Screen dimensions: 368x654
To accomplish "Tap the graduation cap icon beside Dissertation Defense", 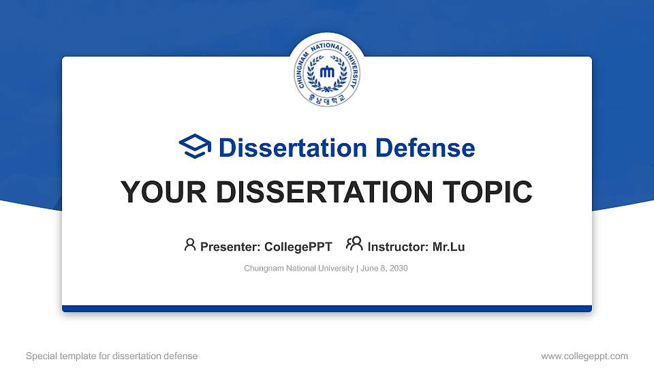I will click(195, 147).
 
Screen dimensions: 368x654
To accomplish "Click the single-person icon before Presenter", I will click(190, 245).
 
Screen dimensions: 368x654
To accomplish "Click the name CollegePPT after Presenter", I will click(298, 247).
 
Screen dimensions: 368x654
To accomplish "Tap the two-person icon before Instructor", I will click(354, 245).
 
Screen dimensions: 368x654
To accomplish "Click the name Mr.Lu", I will click(449, 247).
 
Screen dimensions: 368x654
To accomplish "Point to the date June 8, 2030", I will click(384, 269).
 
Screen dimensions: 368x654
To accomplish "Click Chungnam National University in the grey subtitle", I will click(298, 269).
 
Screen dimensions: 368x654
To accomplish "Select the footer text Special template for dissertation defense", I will click(112, 356).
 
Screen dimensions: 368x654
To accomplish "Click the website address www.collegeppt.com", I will click(585, 356).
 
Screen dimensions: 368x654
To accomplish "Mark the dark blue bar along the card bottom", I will click(327, 309).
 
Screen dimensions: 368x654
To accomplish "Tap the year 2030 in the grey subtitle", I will click(399, 269).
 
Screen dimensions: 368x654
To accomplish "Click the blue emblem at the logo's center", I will click(327, 72).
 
